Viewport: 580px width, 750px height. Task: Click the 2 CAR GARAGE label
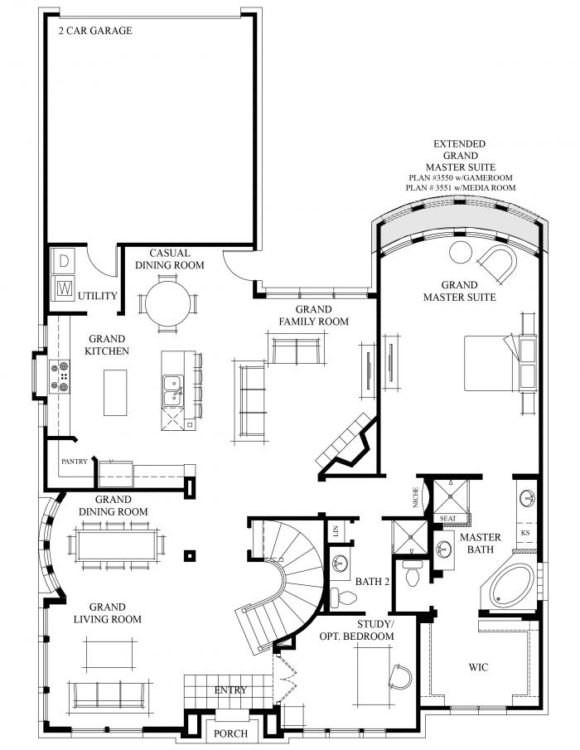tap(95, 31)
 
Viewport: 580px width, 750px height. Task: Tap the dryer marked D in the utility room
tap(64, 260)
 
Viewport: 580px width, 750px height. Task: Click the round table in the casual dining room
tap(168, 303)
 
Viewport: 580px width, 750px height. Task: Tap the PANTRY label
tap(73, 460)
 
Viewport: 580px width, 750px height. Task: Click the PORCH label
tap(230, 733)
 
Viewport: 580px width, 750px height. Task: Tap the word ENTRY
tap(230, 690)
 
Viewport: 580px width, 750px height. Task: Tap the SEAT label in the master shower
tap(447, 519)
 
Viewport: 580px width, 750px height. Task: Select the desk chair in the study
tap(399, 676)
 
